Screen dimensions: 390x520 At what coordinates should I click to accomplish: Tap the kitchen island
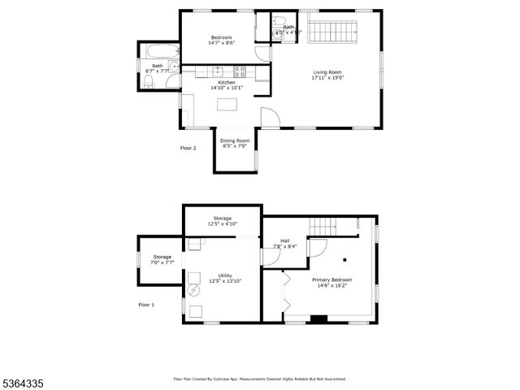[x=227, y=103]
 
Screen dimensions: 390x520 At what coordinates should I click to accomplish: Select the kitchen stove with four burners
[x=239, y=71]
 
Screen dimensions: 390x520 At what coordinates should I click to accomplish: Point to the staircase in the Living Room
[x=334, y=33]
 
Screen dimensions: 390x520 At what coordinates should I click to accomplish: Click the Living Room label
[x=328, y=75]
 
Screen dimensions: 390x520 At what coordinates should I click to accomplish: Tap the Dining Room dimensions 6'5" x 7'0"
[x=235, y=146]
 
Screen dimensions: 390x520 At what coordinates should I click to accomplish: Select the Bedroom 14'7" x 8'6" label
[x=221, y=41]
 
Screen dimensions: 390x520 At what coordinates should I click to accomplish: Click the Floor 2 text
[x=188, y=148]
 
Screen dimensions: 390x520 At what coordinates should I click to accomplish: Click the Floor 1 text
[x=146, y=305]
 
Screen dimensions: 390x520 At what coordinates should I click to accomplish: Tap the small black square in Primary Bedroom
[x=344, y=260]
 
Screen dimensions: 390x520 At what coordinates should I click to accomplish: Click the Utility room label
[x=225, y=277]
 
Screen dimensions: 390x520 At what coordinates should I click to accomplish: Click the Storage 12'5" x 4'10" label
[x=223, y=220]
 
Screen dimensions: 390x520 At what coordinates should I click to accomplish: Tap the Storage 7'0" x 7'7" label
[x=162, y=259]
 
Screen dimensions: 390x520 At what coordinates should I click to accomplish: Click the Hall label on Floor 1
[x=284, y=243]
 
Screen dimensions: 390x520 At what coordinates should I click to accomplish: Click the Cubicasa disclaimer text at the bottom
[x=260, y=379]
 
